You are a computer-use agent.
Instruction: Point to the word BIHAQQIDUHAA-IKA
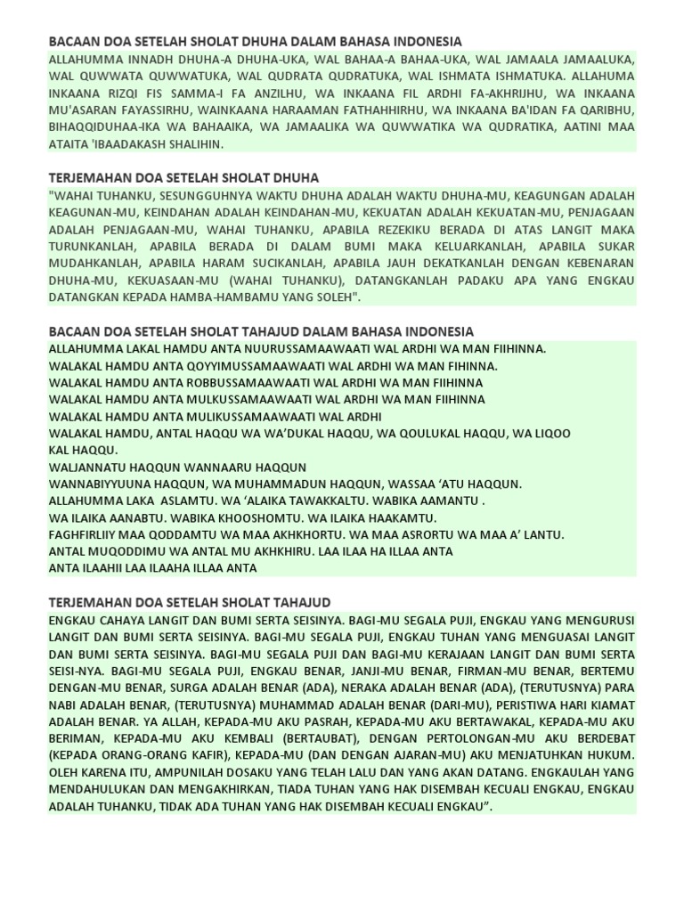click(108, 127)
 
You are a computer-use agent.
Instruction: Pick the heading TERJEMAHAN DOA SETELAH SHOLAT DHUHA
click(183, 178)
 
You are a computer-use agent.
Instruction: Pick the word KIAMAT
click(610, 704)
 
